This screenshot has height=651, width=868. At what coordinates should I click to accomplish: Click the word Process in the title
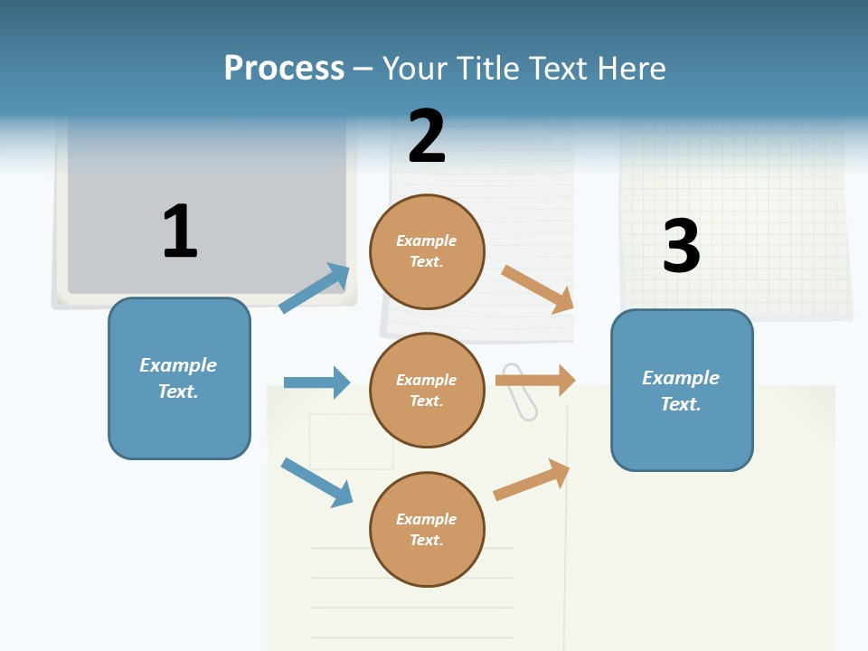[284, 69]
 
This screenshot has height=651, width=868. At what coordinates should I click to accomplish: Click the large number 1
[180, 231]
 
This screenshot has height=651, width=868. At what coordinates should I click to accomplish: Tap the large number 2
[427, 137]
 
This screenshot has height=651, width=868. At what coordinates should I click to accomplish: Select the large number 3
[681, 246]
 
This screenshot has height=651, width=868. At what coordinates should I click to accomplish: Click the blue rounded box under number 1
[179, 378]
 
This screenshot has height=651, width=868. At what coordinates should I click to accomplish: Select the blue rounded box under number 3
[682, 391]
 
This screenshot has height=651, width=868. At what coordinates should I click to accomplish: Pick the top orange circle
[427, 251]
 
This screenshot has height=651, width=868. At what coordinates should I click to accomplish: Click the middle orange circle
[427, 390]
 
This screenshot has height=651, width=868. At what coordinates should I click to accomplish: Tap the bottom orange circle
[427, 529]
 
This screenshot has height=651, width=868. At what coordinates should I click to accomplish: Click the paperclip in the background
[519, 392]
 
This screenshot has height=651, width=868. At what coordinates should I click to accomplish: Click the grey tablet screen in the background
[206, 208]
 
